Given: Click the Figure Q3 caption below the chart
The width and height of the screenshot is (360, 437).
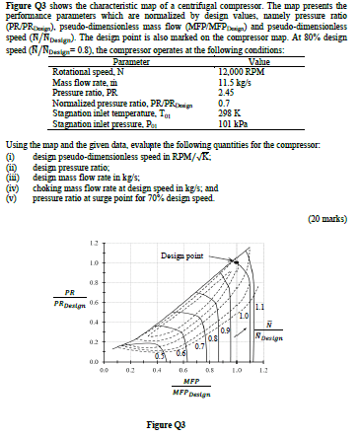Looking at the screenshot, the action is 179,424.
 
